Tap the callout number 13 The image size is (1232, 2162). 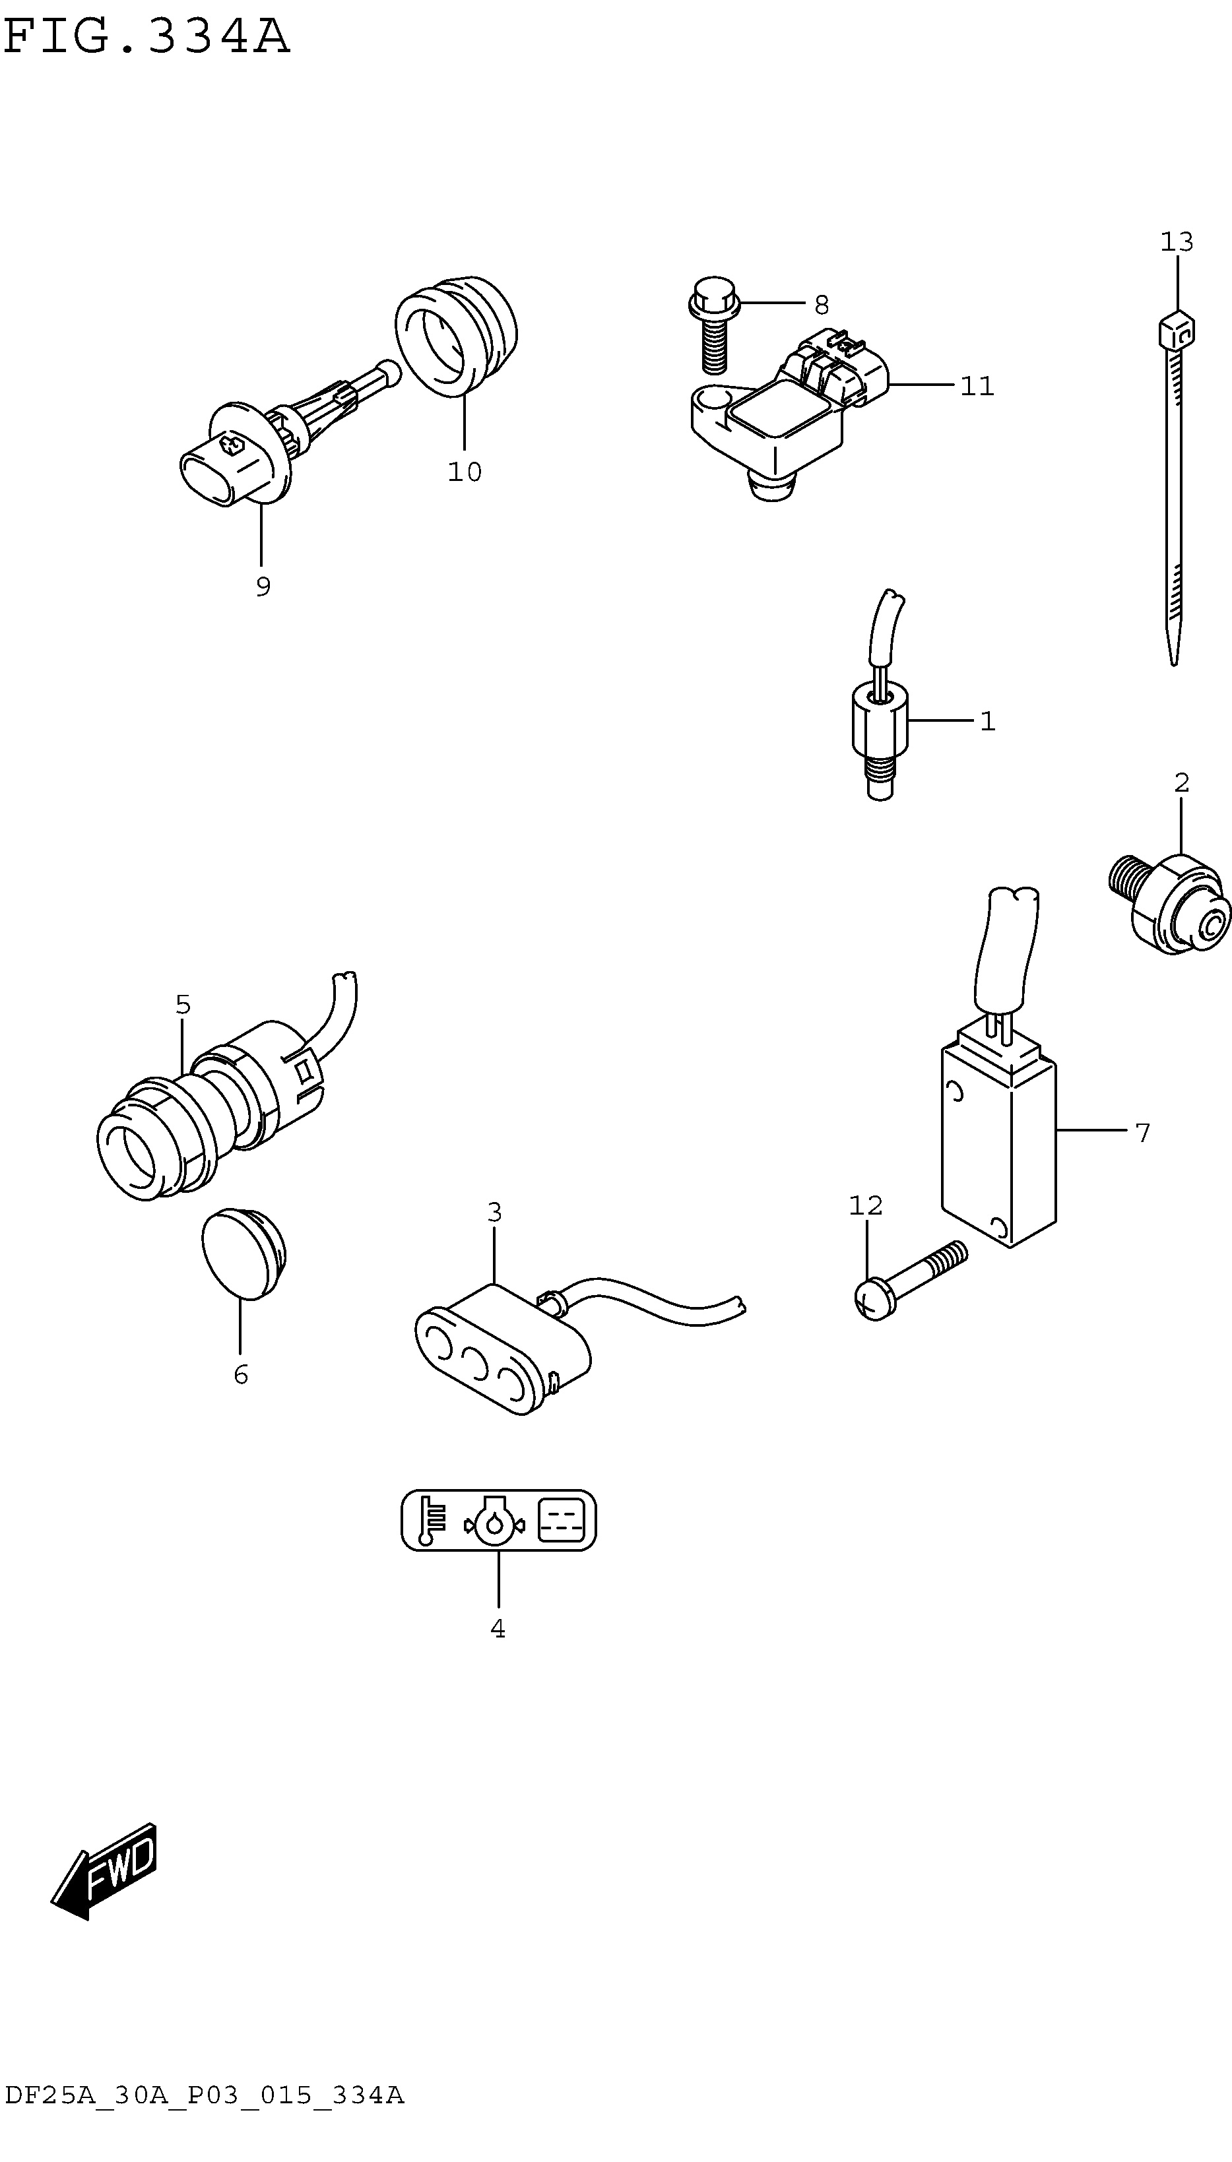(x=1176, y=243)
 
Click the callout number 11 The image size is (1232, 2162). (x=977, y=387)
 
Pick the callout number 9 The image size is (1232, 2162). (x=263, y=586)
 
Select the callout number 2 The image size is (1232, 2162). (x=1182, y=783)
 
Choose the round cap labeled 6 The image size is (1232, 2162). (x=243, y=1254)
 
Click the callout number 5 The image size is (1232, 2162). (x=183, y=1005)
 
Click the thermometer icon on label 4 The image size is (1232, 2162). (x=432, y=1520)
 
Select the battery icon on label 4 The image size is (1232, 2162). (x=561, y=1520)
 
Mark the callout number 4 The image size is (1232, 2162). (x=498, y=1628)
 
